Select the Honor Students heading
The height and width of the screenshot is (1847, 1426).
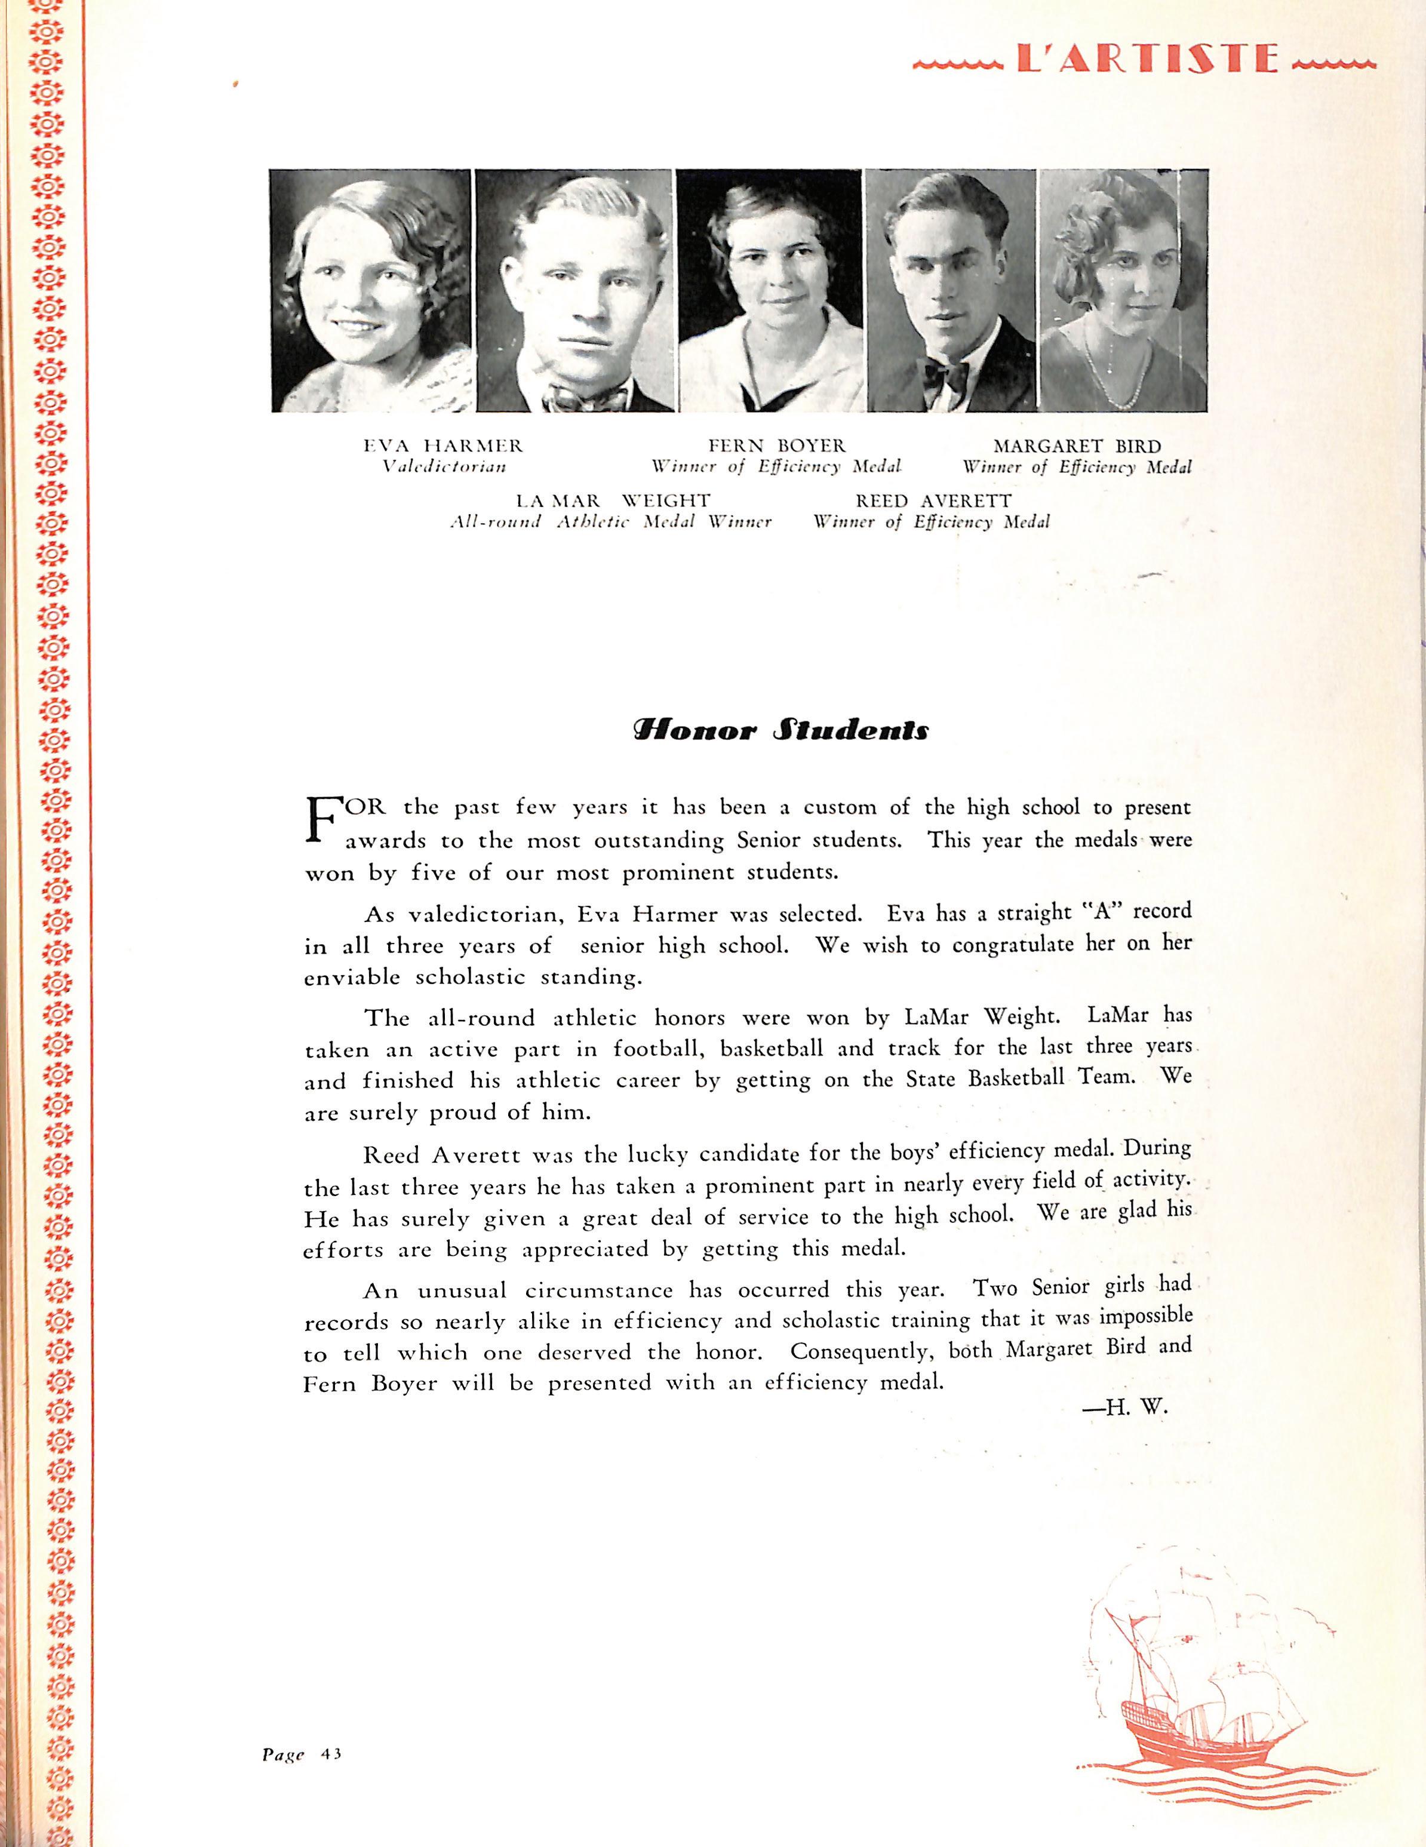tap(780, 730)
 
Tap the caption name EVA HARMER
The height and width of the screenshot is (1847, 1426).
tap(443, 445)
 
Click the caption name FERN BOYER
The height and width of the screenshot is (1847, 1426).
tap(776, 445)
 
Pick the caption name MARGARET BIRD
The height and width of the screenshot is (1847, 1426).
tap(1077, 445)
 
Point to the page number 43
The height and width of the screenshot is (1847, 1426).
tap(331, 1753)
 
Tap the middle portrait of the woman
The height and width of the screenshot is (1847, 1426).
tap(770, 290)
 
